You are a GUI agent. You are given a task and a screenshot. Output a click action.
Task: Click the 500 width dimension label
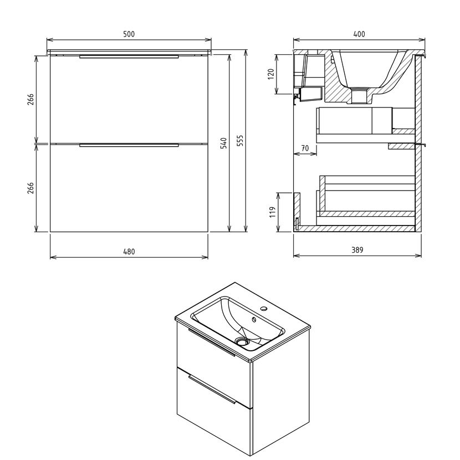129,34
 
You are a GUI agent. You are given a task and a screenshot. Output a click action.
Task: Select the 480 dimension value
129,252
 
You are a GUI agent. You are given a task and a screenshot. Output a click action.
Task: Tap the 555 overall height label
240,141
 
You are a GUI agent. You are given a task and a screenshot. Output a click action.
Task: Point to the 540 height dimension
223,143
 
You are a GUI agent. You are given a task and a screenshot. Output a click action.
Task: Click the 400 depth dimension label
359,34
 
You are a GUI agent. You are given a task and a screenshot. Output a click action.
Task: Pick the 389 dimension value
357,250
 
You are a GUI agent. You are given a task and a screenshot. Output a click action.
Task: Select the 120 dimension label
271,74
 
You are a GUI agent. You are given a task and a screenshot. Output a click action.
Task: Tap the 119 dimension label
273,212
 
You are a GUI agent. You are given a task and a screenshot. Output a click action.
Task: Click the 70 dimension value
305,148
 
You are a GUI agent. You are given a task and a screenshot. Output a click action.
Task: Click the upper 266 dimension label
31,99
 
